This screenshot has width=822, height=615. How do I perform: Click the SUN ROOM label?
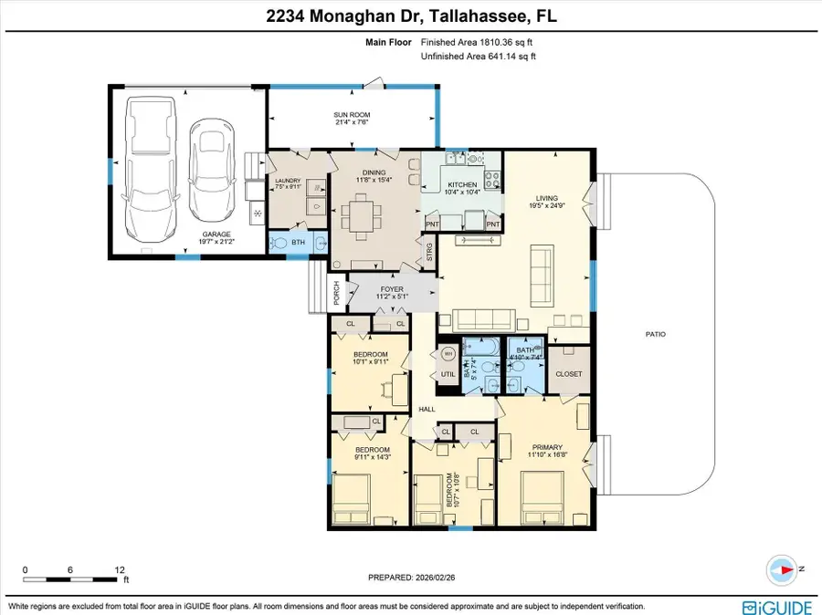(352, 115)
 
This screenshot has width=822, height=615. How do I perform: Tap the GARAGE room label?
(216, 234)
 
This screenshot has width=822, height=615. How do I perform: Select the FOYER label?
(392, 288)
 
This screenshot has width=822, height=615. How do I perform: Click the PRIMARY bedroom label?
(547, 447)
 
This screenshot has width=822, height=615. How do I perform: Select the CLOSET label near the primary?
(569, 374)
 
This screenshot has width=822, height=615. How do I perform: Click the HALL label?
(427, 410)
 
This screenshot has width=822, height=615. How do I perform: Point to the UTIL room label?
(448, 374)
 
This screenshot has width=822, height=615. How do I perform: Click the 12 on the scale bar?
(120, 569)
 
